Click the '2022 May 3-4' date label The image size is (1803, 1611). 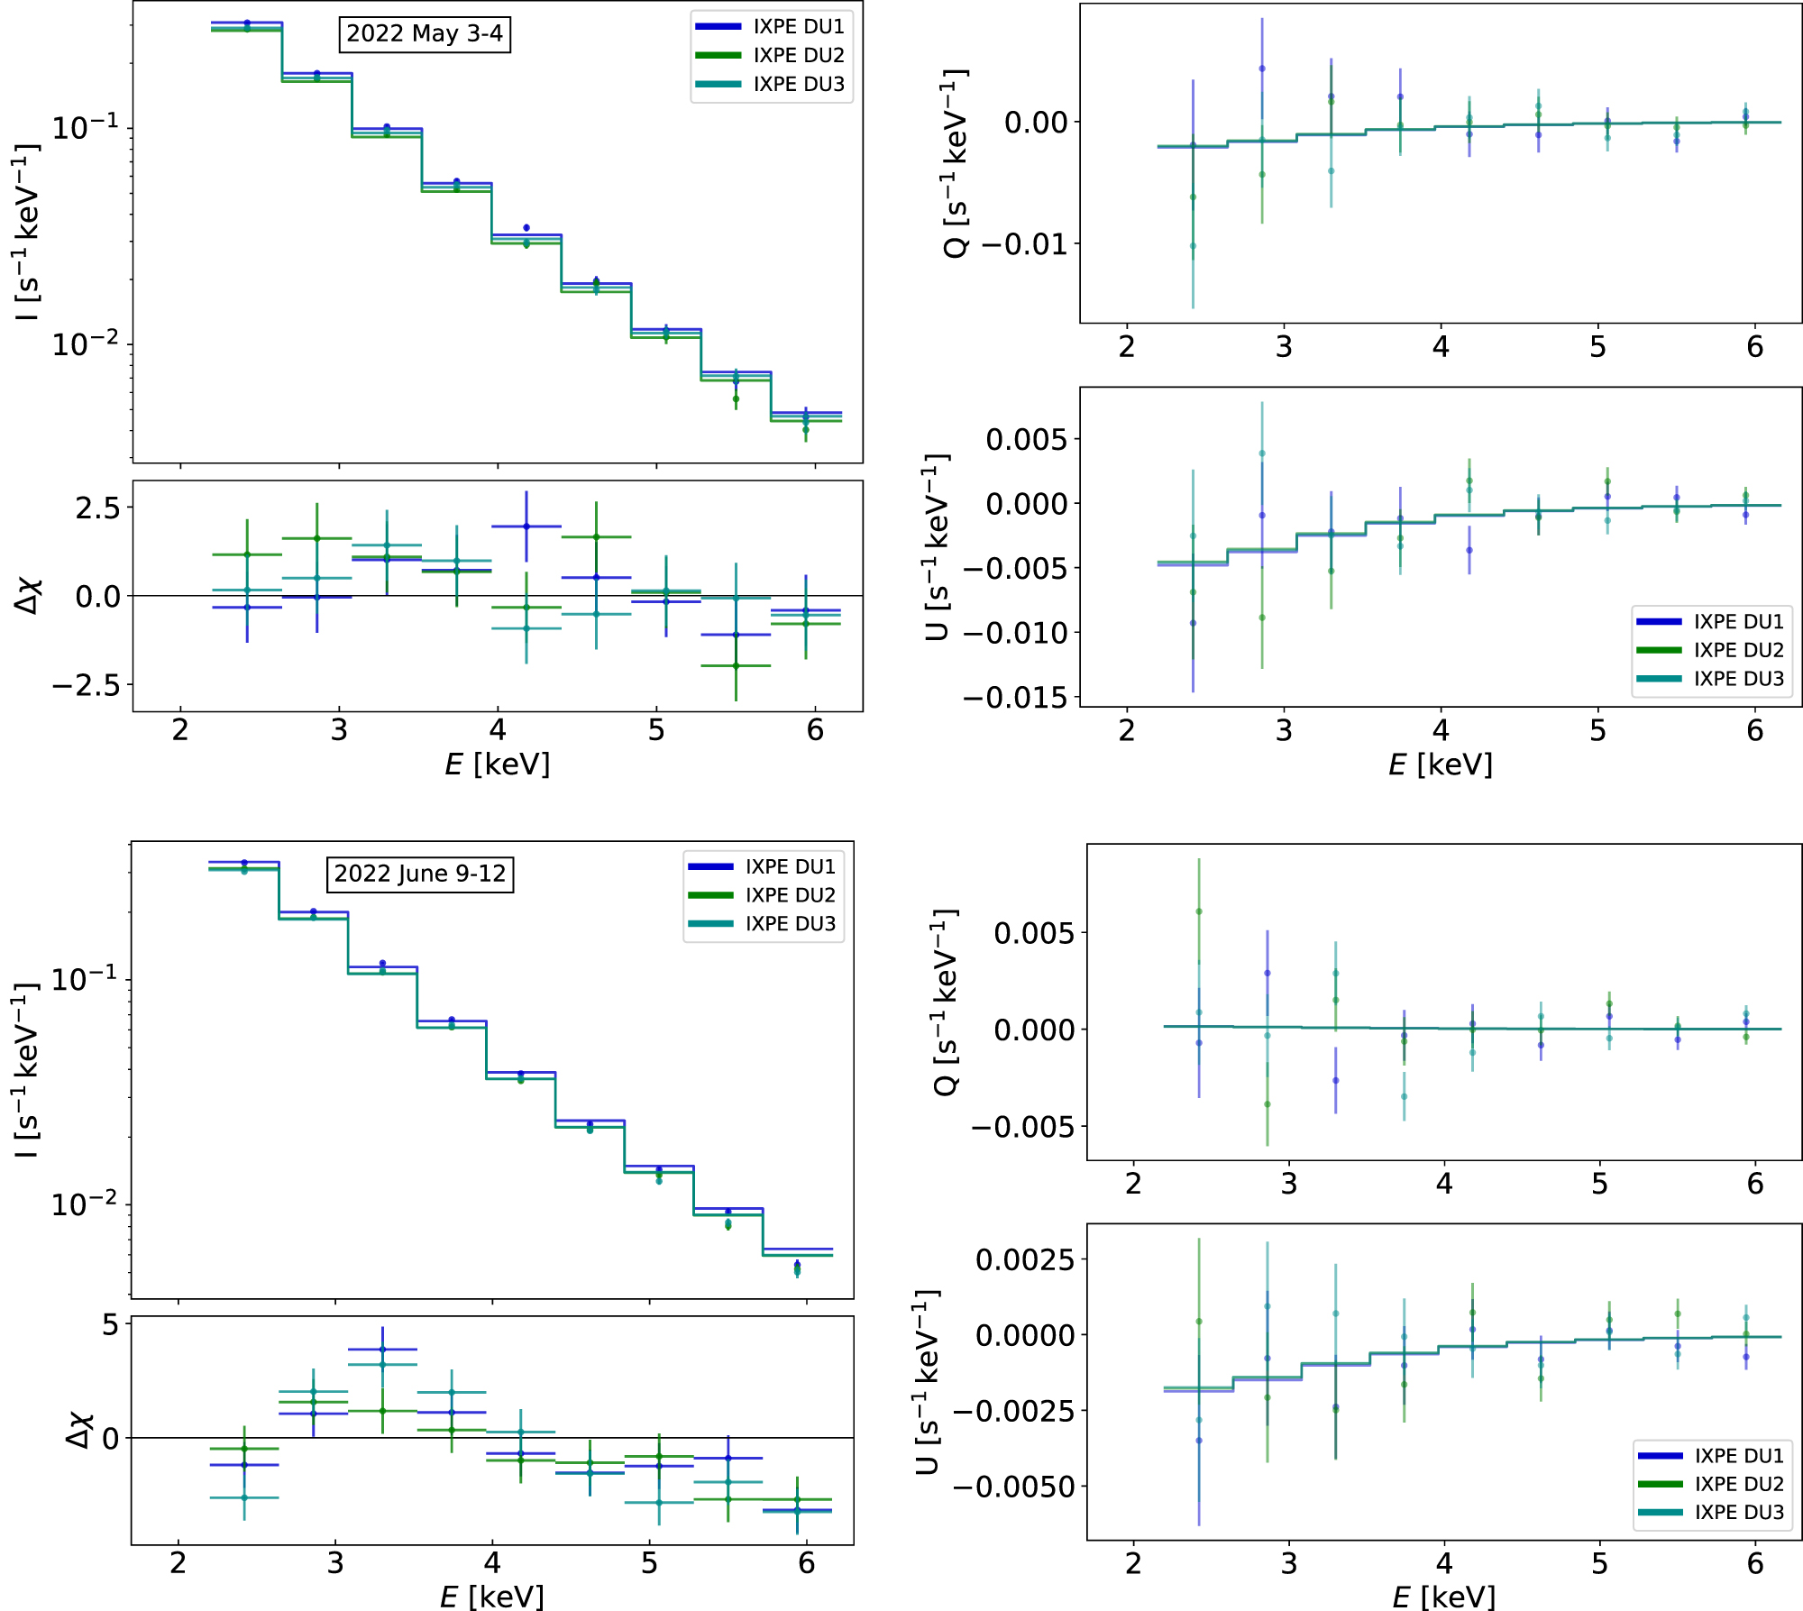coord(424,34)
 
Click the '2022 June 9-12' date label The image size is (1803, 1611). coord(419,874)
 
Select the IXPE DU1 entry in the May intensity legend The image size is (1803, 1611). coord(798,27)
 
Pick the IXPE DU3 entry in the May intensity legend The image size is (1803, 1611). coord(798,84)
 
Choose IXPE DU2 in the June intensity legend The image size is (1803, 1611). coord(790,895)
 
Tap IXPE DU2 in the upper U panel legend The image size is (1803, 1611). coord(1738,650)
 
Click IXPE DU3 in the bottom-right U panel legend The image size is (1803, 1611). coord(1739,1512)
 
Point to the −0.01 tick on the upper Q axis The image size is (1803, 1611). coord(1024,244)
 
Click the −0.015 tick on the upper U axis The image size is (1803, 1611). coord(1014,697)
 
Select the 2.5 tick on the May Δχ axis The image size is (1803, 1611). coord(97,508)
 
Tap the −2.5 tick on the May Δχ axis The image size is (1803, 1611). coord(86,685)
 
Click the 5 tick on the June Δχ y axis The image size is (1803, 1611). coord(110,1324)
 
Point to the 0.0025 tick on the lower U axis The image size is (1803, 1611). coord(1024,1259)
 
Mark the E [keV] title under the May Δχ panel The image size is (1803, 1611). coord(497,764)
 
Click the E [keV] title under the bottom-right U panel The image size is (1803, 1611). coord(1443,1597)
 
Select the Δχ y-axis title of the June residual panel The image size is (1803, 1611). coord(79,1430)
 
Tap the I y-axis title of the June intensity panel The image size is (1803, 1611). coord(27,1070)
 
